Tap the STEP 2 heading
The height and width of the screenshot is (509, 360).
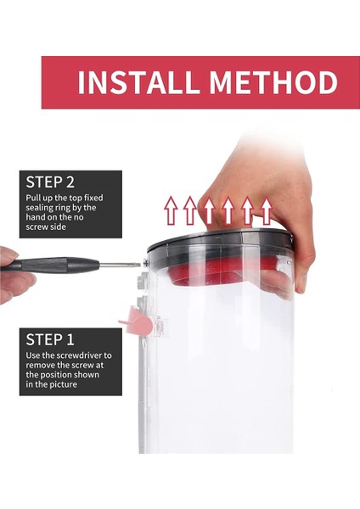pos(50,182)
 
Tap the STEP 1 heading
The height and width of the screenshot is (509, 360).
pos(50,339)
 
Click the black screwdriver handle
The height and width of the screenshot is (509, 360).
pos(51,264)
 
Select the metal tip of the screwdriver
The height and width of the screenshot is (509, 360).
pos(127,265)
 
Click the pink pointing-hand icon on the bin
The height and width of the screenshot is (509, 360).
pos(140,323)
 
